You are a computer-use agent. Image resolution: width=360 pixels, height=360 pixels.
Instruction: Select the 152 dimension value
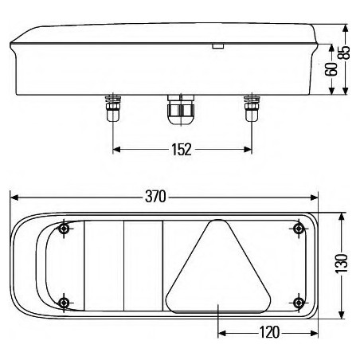(x=181, y=149)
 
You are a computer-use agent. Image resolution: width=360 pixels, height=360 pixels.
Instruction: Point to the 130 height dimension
(x=342, y=264)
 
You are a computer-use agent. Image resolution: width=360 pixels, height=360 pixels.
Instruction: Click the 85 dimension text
(x=345, y=53)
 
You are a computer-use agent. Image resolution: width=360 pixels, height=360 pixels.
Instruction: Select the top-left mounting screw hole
(x=65, y=230)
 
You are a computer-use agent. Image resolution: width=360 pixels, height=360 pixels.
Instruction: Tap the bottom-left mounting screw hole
(x=65, y=300)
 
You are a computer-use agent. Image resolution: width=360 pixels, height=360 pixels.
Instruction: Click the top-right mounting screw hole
(x=299, y=230)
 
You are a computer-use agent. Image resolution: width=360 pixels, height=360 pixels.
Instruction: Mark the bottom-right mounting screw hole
(x=299, y=300)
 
